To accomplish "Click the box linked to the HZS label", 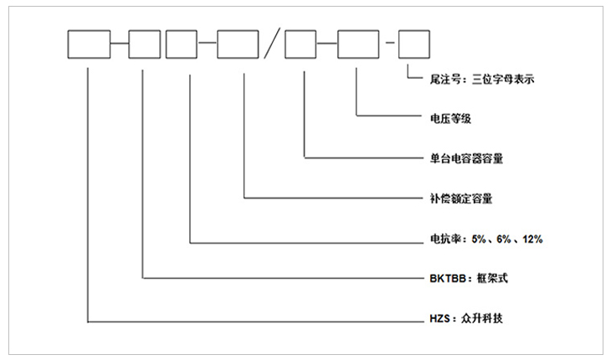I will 88,44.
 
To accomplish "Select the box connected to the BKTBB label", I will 144,44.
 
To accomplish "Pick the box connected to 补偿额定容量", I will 237,44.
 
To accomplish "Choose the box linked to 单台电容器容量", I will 300,44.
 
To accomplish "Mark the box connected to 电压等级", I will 357,44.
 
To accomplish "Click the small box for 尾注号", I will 413,44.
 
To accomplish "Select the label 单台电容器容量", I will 461,157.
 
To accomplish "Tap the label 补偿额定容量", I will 455,199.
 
